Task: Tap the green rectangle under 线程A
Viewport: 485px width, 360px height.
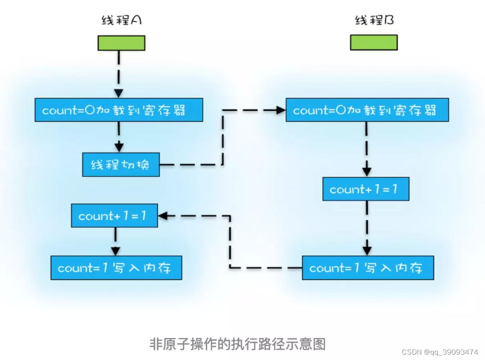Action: (122, 43)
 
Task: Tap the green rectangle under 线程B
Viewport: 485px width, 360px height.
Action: (374, 43)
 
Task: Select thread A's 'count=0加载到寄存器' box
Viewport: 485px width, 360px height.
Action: (119, 110)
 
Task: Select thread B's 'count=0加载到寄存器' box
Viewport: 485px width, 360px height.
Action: (367, 110)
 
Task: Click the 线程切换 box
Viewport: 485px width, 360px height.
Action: (121, 164)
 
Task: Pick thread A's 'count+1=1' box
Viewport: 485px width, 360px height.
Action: (115, 216)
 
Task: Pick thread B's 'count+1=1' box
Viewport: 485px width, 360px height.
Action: (366, 189)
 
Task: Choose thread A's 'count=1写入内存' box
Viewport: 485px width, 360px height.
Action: (116, 268)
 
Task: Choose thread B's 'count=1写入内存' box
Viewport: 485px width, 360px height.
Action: (368, 268)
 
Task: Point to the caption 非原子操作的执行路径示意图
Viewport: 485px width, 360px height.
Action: (237, 344)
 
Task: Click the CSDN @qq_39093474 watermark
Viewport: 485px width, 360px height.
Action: (440, 352)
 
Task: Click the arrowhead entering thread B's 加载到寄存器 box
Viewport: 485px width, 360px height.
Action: (282, 110)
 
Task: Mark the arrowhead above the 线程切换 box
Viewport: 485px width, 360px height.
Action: (119, 147)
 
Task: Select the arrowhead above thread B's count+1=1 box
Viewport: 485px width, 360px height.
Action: (367, 172)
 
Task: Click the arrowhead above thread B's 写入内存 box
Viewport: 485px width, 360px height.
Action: (367, 251)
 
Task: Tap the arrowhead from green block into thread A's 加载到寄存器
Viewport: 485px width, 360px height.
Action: (119, 93)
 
